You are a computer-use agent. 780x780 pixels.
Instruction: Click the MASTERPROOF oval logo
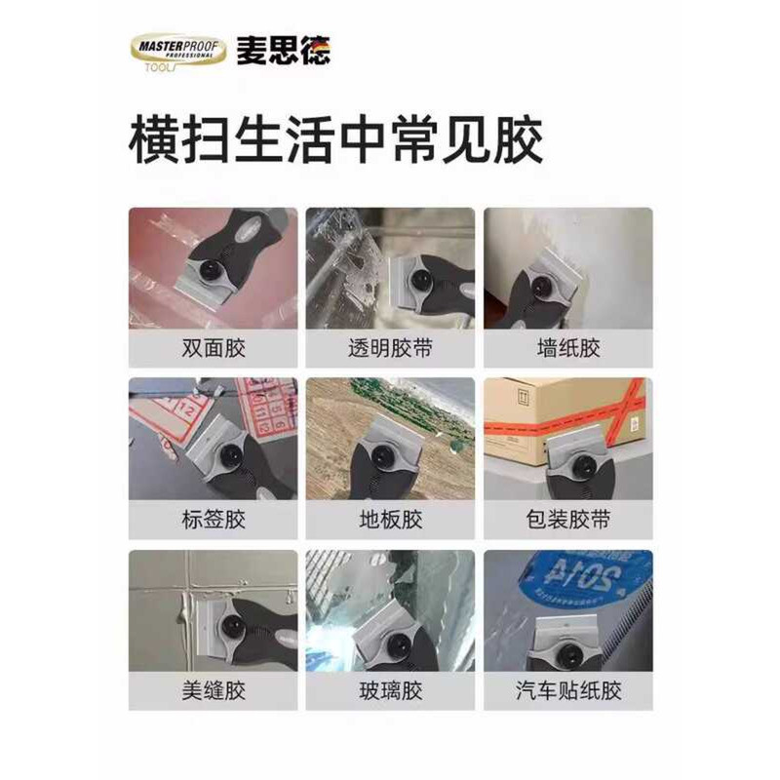[x=178, y=52]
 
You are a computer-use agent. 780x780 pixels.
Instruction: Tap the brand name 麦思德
[x=284, y=51]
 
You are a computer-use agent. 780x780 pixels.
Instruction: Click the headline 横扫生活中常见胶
[x=335, y=139]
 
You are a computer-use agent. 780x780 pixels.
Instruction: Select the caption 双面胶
[x=214, y=348]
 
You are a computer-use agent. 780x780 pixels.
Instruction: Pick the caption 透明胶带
[x=391, y=348]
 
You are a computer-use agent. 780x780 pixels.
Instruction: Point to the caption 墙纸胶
[x=568, y=348]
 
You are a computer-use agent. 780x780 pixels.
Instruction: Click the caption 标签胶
[x=214, y=520]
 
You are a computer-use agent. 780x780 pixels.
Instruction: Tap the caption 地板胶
[x=391, y=520]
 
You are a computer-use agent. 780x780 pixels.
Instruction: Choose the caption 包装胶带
[x=568, y=520]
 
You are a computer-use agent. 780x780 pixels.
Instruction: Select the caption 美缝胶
[x=214, y=691]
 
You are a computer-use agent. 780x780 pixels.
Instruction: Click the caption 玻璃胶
[x=391, y=691]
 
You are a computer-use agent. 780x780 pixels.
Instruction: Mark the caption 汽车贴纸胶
[x=568, y=691]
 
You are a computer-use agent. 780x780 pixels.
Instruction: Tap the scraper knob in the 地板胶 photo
[x=382, y=455]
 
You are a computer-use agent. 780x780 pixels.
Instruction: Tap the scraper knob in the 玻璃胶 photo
[x=397, y=645]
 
